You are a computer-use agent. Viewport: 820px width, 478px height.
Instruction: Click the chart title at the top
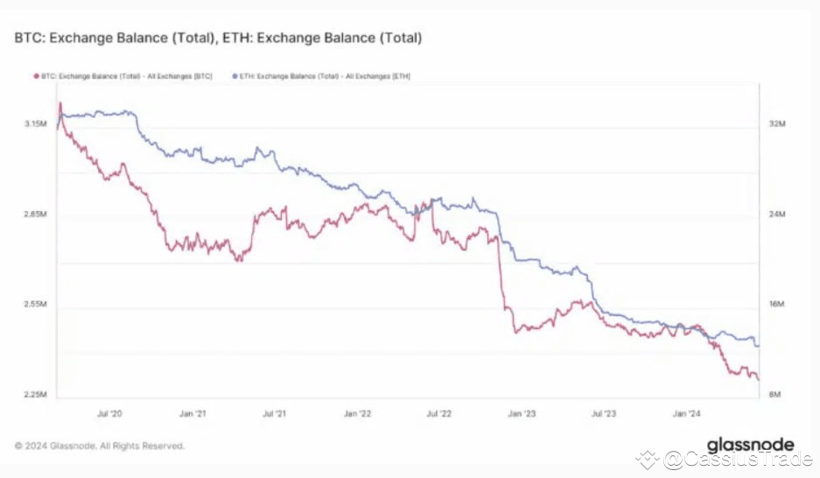pos(218,39)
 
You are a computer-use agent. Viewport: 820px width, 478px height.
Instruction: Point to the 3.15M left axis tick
pos(34,124)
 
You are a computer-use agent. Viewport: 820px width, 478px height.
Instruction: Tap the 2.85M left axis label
pos(34,214)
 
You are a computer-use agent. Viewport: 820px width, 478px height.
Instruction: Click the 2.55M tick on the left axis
pos(34,305)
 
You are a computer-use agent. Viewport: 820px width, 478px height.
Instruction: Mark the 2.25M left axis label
pos(34,395)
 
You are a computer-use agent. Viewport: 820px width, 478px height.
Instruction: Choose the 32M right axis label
pos(775,124)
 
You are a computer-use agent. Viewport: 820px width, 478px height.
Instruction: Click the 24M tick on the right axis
pos(775,214)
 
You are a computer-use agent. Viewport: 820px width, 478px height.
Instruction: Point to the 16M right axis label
pos(775,305)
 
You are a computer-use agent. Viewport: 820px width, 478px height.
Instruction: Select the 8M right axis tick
pos(775,395)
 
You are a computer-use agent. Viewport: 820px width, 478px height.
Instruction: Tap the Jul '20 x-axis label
pos(109,412)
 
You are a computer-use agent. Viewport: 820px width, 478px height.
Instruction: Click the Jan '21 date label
pos(192,412)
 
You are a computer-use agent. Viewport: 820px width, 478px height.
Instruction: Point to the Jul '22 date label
pos(438,412)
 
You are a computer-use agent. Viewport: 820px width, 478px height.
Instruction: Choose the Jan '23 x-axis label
pos(522,412)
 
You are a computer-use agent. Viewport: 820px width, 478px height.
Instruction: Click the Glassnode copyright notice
pos(100,446)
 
